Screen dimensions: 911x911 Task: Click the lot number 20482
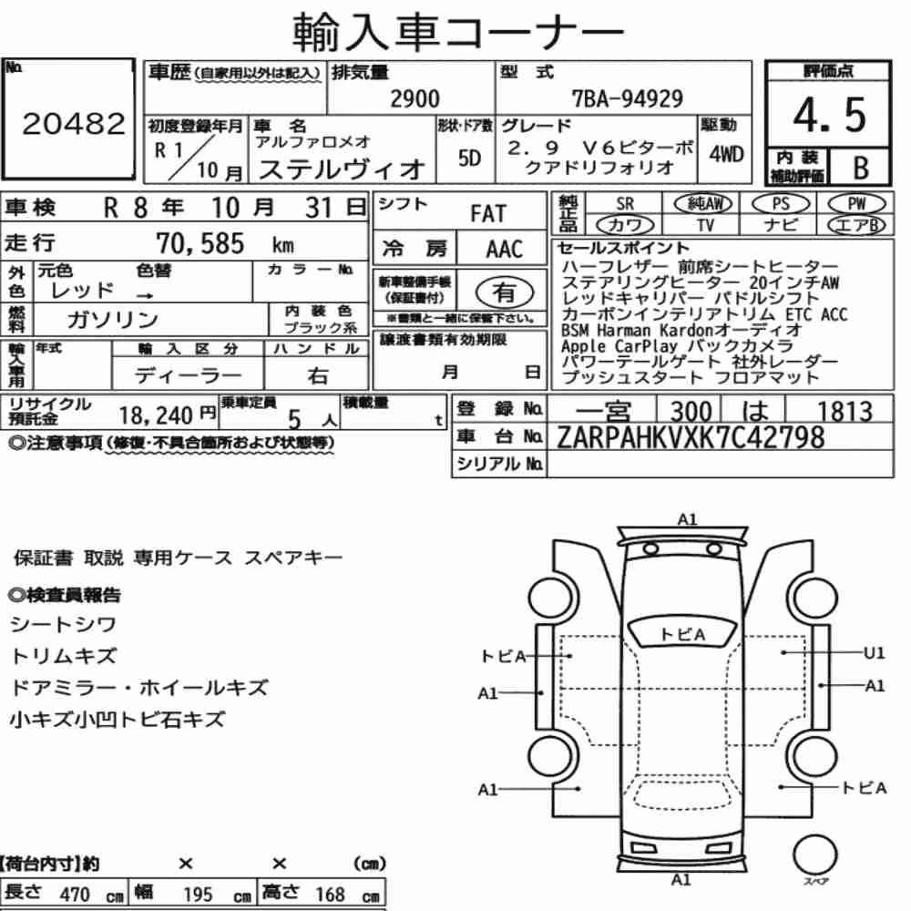point(74,123)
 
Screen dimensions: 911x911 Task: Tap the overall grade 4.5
point(829,115)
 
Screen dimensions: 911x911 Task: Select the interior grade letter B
point(861,168)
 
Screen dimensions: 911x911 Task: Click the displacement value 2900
point(415,98)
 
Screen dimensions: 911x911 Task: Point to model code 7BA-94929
point(628,98)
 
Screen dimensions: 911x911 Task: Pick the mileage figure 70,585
point(200,243)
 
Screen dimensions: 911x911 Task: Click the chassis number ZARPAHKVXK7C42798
point(691,437)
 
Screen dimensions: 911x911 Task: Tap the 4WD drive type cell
point(726,154)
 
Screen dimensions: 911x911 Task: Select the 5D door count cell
point(469,158)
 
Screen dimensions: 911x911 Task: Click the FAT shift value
point(488,213)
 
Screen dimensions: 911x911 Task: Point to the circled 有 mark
point(505,292)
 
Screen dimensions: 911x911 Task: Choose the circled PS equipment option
point(781,204)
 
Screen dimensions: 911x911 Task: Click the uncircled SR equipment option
point(625,204)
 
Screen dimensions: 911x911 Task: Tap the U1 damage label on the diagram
point(874,653)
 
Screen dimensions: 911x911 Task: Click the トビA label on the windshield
point(682,634)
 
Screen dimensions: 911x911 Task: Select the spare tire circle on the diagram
point(814,855)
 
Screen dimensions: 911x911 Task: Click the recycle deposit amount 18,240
point(156,415)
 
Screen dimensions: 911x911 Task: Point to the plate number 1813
point(844,412)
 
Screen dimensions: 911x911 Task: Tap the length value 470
point(75,895)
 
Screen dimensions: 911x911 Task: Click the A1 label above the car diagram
point(687,519)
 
